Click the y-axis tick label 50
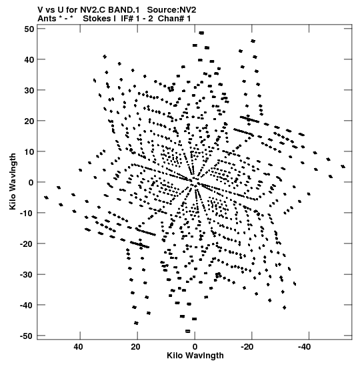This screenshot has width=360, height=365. click(x=29, y=29)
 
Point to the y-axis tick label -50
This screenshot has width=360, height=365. click(x=27, y=336)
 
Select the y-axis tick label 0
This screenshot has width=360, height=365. click(x=31, y=182)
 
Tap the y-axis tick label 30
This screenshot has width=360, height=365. click(x=29, y=90)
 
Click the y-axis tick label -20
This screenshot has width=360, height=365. click(x=27, y=244)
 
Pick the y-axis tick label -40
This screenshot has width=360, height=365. click(x=27, y=305)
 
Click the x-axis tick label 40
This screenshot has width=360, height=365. click(x=79, y=347)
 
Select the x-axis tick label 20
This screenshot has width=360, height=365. click(x=135, y=347)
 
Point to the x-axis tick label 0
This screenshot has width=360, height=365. click(x=195, y=347)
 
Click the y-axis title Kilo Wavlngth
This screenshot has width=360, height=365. click(x=13, y=181)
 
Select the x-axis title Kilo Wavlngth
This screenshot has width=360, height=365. click(x=195, y=356)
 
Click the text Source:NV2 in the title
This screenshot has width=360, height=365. click(x=171, y=10)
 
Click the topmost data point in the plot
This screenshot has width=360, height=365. click(x=201, y=33)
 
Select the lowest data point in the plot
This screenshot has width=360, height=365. click(x=188, y=331)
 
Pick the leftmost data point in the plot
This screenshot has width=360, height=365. click(x=47, y=198)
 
